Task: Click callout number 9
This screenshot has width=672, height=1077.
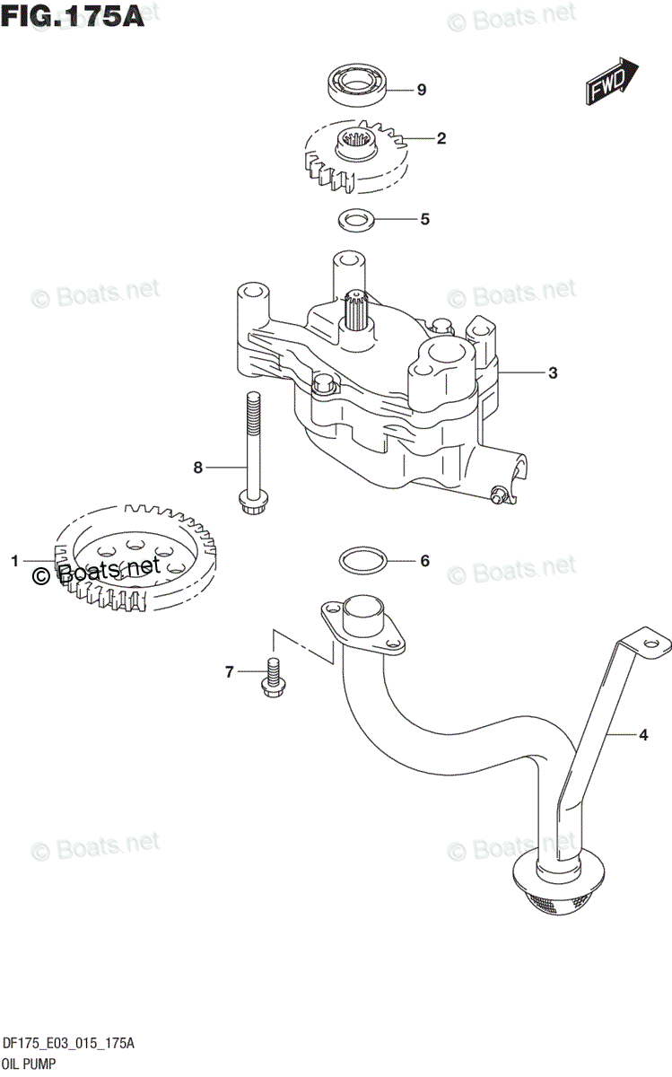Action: point(421,89)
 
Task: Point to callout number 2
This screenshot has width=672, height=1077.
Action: point(441,138)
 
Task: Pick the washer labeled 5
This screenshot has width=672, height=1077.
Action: point(356,218)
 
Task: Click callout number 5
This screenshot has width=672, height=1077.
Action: point(424,218)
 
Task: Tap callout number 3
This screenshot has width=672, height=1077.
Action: point(553,372)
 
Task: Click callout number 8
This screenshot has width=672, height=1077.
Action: point(198,467)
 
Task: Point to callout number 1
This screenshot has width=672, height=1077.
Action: point(15,561)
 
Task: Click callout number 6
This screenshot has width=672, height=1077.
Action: point(424,561)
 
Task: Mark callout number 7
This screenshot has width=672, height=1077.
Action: point(230,670)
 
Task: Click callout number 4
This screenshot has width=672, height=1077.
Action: point(642,736)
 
